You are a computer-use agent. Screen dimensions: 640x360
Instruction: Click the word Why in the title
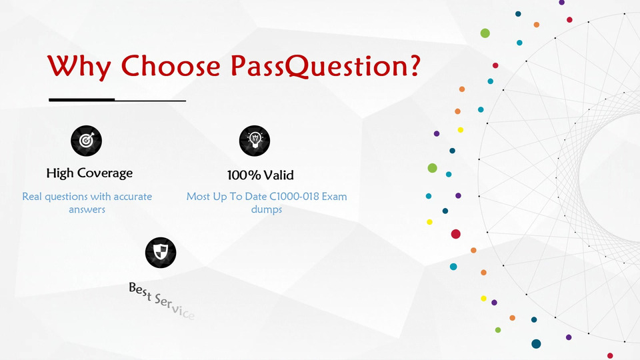pyautogui.click(x=79, y=66)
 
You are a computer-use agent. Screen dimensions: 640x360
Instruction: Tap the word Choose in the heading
pyautogui.click(x=171, y=65)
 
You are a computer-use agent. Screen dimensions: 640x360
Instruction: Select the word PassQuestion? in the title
pyautogui.click(x=325, y=65)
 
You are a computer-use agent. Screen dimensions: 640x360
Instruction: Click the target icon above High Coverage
pyautogui.click(x=86, y=141)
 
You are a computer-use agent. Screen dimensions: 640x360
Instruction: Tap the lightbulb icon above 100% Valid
pyautogui.click(x=255, y=141)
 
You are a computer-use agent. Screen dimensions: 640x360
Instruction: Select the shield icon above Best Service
pyautogui.click(x=161, y=253)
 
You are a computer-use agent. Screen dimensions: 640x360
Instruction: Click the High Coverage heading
pyautogui.click(x=89, y=173)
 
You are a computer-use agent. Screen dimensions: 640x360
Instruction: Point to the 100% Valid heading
pyautogui.click(x=261, y=175)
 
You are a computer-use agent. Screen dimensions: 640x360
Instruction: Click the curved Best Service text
pyautogui.click(x=161, y=301)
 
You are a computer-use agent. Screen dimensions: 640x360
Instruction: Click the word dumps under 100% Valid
pyautogui.click(x=267, y=209)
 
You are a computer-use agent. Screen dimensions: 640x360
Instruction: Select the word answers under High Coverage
pyautogui.click(x=87, y=210)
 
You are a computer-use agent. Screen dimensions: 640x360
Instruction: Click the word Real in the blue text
pyautogui.click(x=32, y=196)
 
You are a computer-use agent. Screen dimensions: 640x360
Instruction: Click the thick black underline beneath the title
pyautogui.click(x=81, y=99)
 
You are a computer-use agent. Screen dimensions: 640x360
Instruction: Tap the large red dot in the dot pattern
pyautogui.click(x=456, y=234)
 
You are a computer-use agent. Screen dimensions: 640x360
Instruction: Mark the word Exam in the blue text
pyautogui.click(x=334, y=196)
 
